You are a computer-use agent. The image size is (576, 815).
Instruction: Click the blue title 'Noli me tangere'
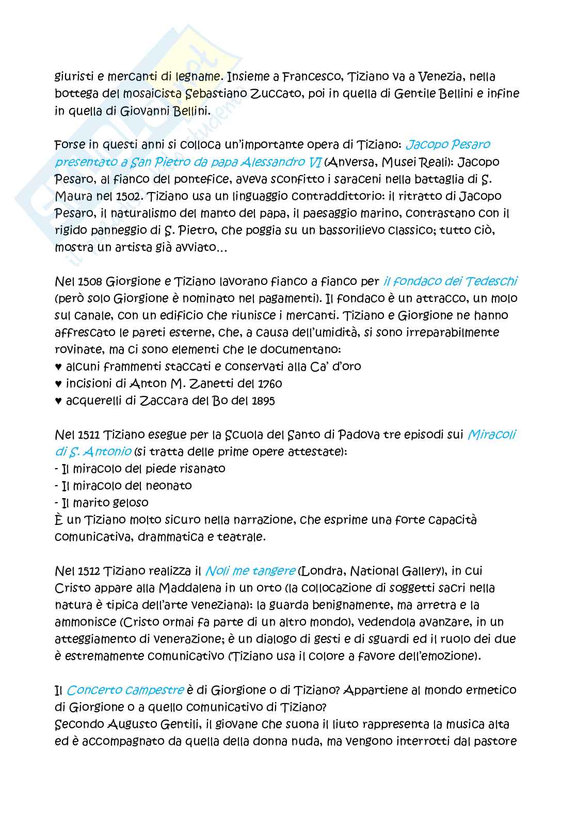250,571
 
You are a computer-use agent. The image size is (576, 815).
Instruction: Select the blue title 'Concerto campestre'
125,690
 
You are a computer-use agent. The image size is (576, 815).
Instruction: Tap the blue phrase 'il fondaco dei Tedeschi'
450,281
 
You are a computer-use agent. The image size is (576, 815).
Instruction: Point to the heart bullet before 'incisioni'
58,384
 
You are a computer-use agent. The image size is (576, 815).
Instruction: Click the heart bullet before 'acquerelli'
58,401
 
